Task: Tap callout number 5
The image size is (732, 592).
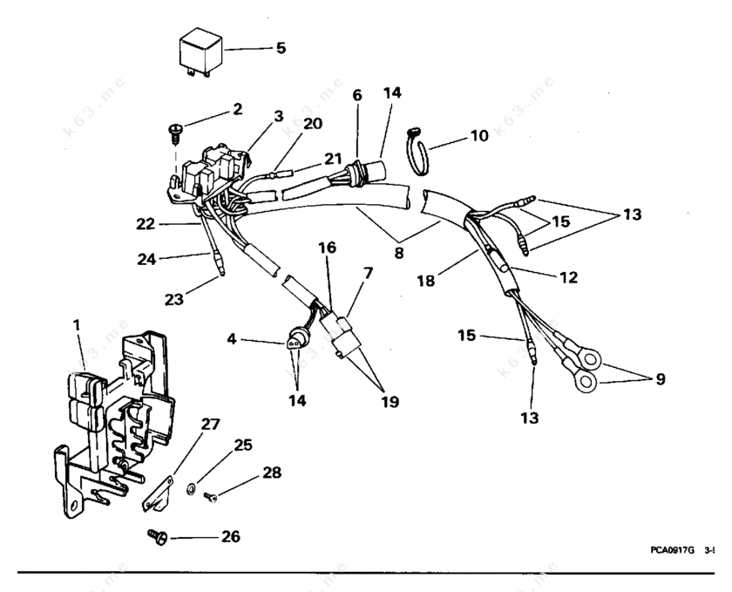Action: coord(280,47)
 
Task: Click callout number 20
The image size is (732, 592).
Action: coord(313,124)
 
